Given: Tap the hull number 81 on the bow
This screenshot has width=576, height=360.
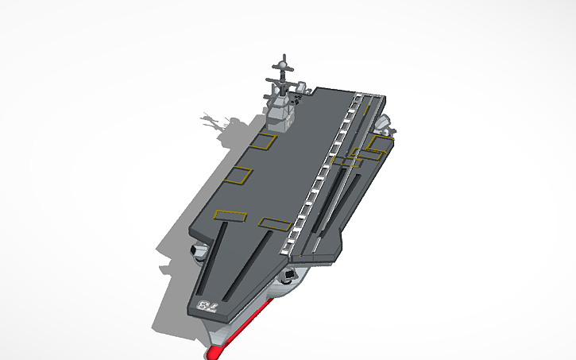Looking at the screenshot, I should point(205,306).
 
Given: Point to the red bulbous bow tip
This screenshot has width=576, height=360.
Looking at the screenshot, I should point(215,350).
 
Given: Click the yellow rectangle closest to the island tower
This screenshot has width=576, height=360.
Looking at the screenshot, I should point(262,142).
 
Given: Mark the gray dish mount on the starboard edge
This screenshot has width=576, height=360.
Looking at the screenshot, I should point(382,124).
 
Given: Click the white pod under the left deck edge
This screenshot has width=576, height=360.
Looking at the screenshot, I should point(199,253).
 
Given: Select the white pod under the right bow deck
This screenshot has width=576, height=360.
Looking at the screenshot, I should point(288,277).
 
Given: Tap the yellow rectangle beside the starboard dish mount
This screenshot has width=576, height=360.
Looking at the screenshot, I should point(377,143).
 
